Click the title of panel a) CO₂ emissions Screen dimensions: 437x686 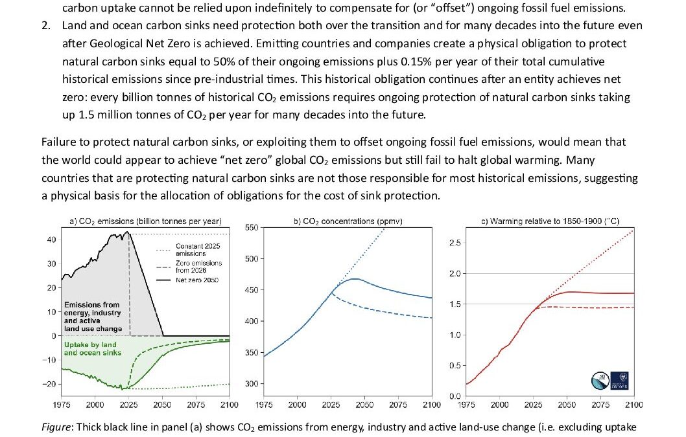[145, 221]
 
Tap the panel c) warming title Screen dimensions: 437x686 [550, 221]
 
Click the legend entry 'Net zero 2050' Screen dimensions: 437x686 [198, 280]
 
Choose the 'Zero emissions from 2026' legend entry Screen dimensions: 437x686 [198, 267]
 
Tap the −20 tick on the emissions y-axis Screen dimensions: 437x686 [49, 385]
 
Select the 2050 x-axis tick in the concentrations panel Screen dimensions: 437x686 [364, 405]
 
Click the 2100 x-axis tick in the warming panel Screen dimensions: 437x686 [633, 405]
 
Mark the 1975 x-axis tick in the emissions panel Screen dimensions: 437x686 [61, 405]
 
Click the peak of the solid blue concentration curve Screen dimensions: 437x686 [354, 279]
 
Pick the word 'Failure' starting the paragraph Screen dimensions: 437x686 [56, 142]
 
